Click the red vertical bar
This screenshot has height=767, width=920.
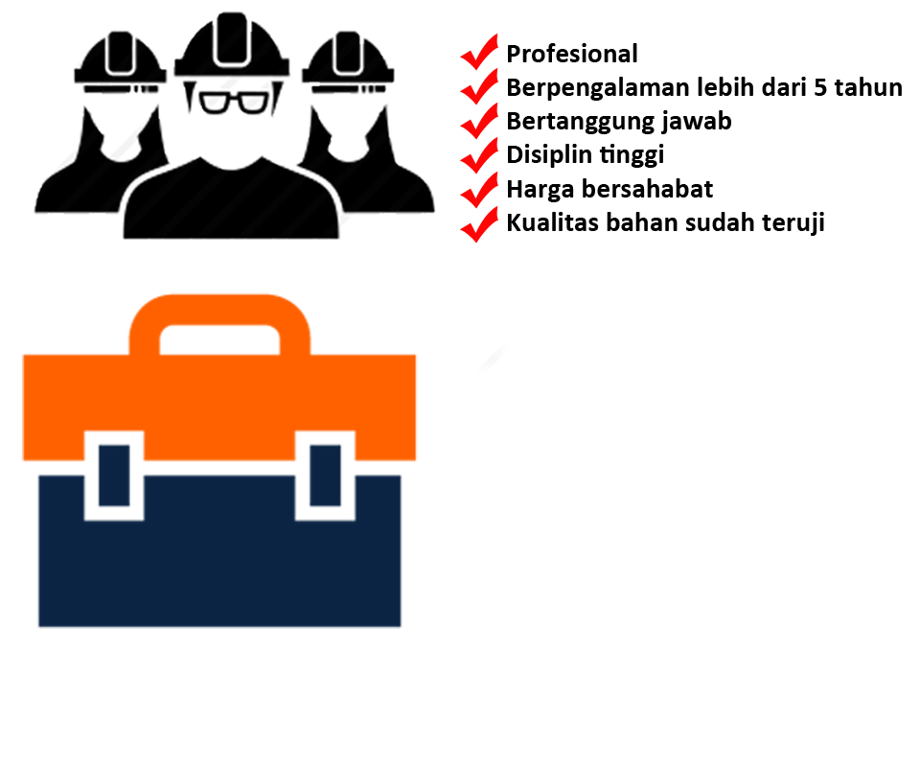point(478,137)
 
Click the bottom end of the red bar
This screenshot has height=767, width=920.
point(478,241)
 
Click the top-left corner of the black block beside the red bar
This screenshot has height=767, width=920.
point(509,45)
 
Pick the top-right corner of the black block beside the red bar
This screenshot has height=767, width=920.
point(900,79)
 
